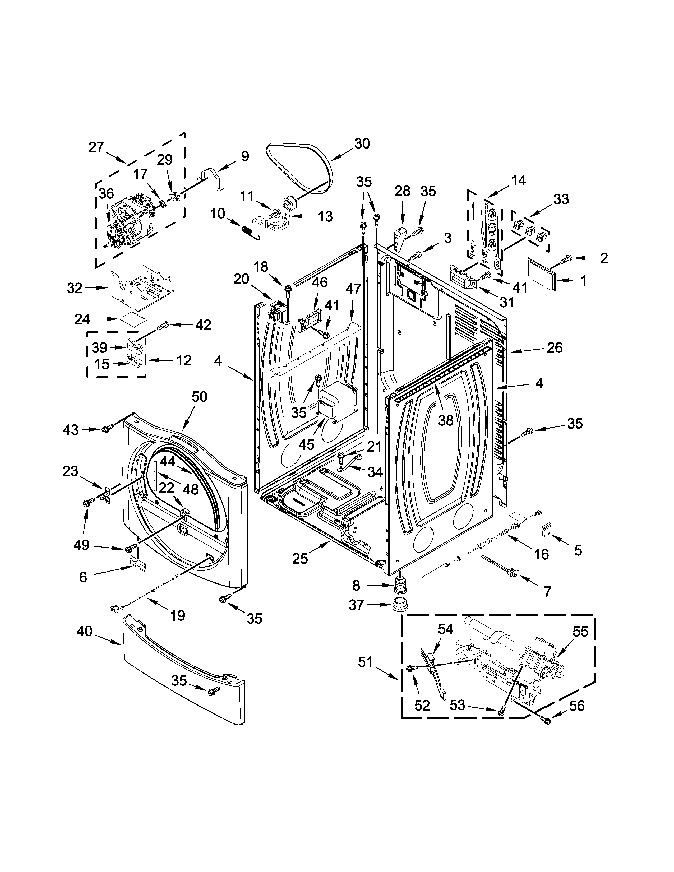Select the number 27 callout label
96,147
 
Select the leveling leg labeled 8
399,585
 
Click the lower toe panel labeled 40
184,675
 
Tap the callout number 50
199,397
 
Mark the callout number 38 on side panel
446,420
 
